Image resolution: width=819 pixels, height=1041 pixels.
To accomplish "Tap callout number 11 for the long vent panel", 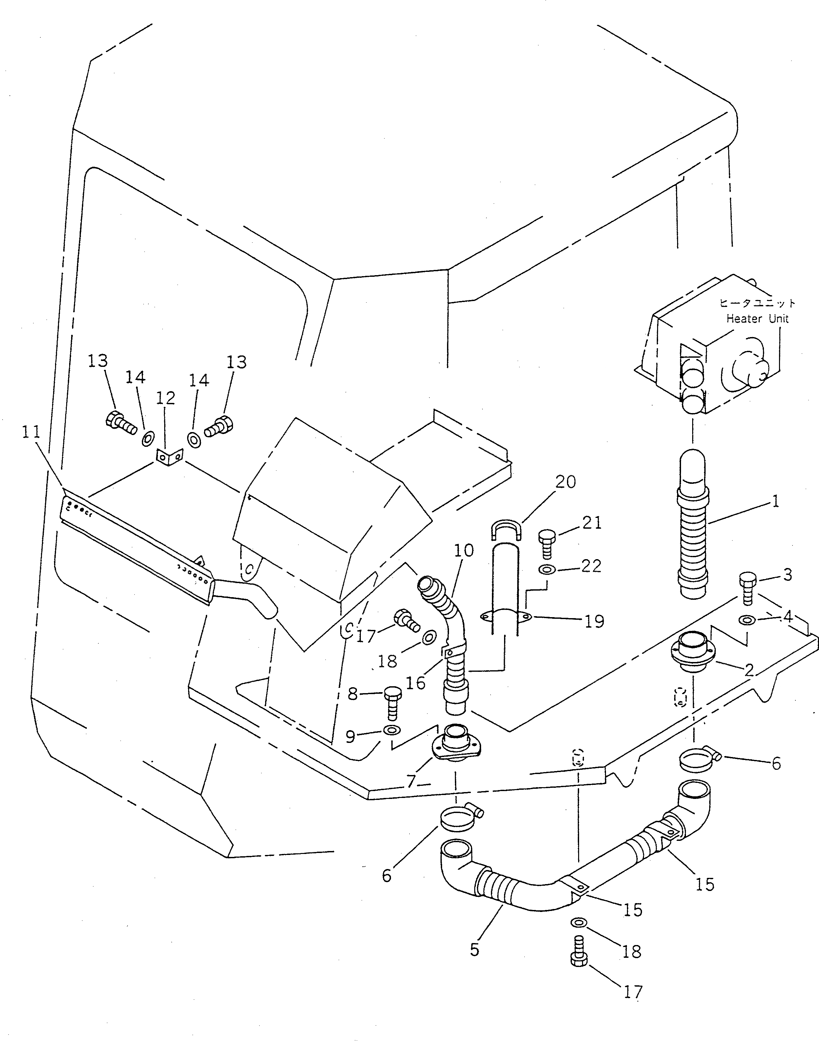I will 32,432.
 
